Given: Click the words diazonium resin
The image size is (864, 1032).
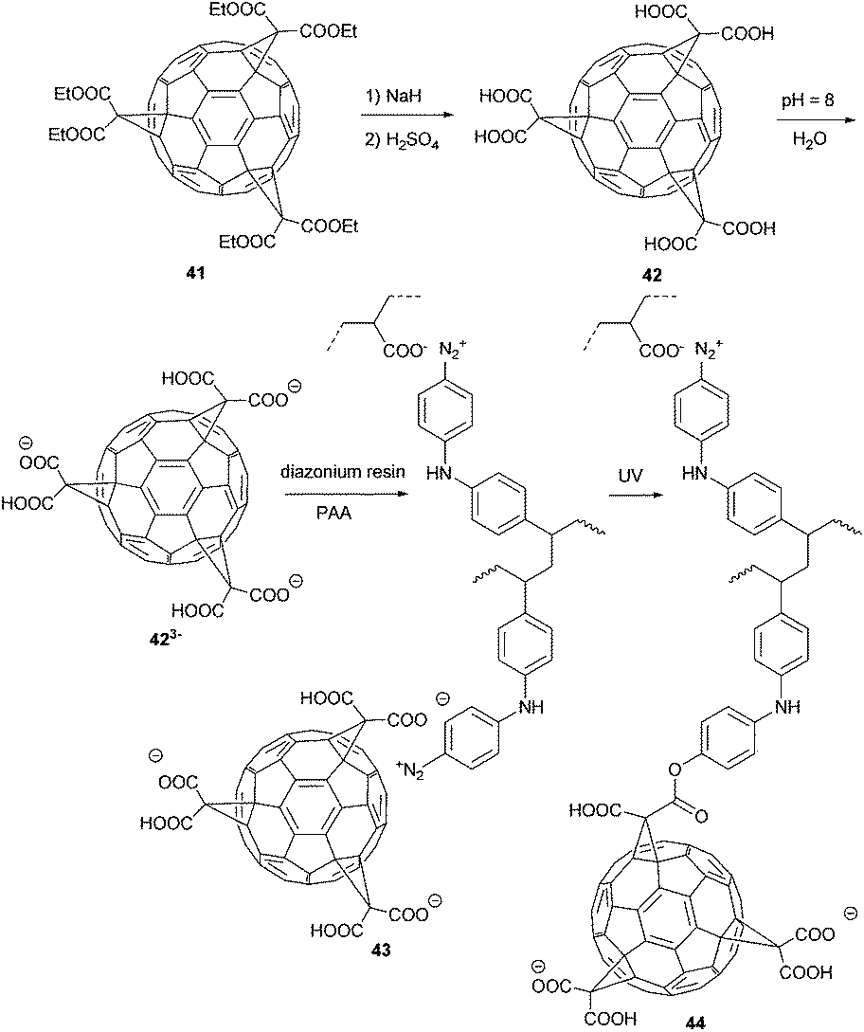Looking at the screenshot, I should pos(335,471).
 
